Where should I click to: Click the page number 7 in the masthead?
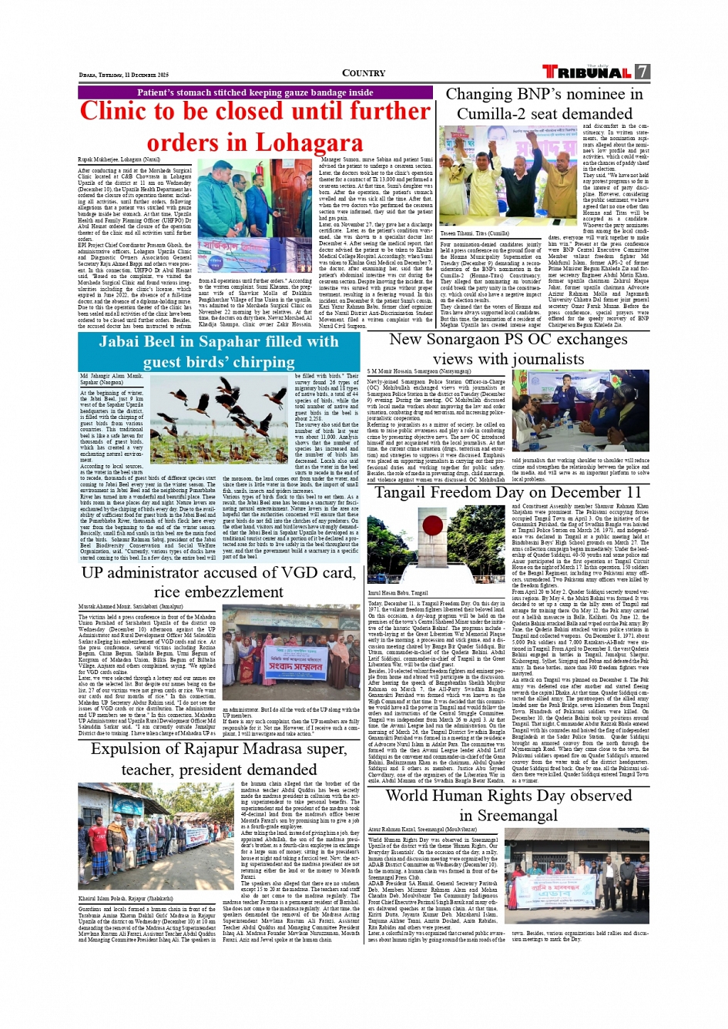[642, 72]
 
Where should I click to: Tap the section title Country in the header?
[364, 73]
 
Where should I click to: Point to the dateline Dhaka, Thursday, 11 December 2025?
[123, 75]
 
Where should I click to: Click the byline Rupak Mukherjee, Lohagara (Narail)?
[119, 159]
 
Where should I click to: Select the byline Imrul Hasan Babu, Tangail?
[398, 593]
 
